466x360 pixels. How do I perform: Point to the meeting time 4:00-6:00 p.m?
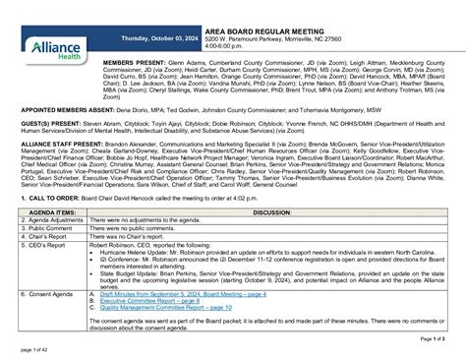[227, 46]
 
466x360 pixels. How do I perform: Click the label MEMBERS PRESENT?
[135, 61]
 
